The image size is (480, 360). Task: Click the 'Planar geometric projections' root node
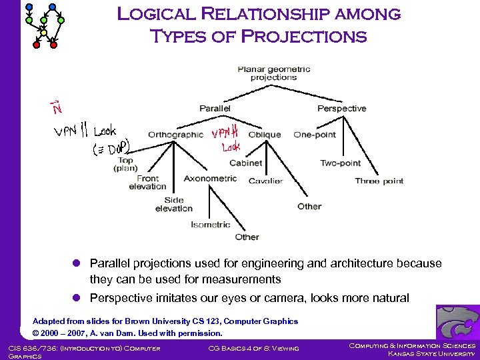273,73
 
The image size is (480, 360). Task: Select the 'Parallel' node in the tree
215,108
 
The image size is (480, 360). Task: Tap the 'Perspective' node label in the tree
341,108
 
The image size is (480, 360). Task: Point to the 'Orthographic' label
175,134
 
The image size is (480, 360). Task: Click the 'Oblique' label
264,134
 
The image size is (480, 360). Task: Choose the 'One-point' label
315,134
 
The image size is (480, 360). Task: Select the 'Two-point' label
340,163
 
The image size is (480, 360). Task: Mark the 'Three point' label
379,181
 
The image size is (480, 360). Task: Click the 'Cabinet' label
245,163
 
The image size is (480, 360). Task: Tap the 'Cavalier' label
265,181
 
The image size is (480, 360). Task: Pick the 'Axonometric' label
210,179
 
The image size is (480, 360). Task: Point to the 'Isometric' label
210,225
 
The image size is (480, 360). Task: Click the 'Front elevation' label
147,183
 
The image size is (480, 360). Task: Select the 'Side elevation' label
173,204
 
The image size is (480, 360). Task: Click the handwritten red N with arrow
57,105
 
